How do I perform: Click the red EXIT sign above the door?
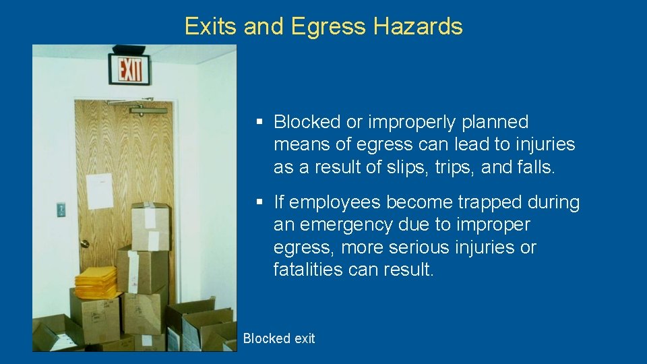click(131, 69)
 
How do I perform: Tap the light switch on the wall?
click(61, 210)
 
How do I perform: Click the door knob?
click(84, 243)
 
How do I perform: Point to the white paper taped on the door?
click(100, 191)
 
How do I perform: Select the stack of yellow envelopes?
click(95, 282)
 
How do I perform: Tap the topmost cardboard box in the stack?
click(150, 226)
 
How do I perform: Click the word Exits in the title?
click(211, 26)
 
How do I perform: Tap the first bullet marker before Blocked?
click(259, 122)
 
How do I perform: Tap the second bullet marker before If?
click(259, 202)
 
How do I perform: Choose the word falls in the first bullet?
click(534, 167)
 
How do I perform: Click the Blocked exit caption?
click(278, 338)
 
